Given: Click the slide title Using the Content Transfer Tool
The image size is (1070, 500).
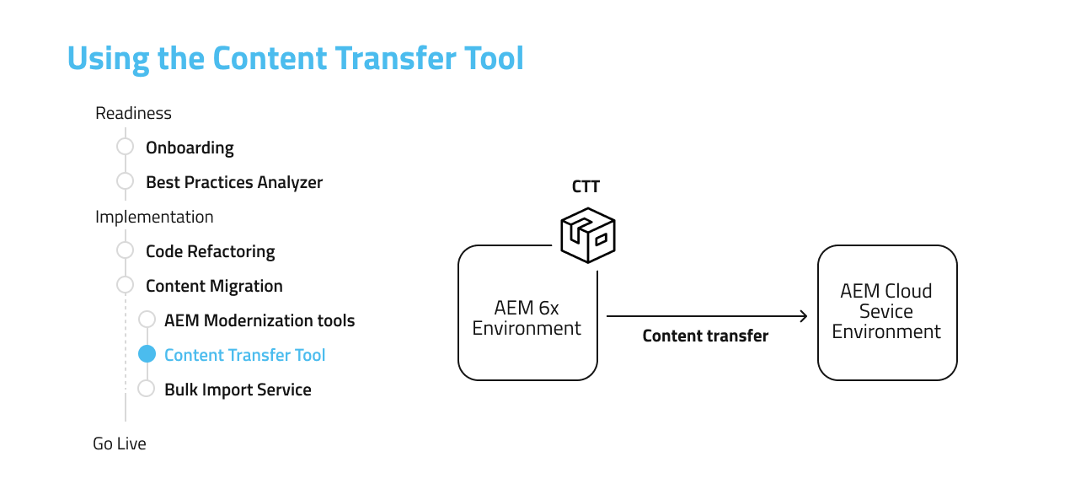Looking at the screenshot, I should pyautogui.click(x=295, y=59).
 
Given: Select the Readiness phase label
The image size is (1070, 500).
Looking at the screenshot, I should pyautogui.click(x=133, y=113).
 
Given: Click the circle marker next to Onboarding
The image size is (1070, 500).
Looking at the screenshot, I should pyautogui.click(x=126, y=147).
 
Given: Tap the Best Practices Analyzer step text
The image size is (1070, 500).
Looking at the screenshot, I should pyautogui.click(x=233, y=182).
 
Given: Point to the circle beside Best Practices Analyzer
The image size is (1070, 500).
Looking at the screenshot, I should pyautogui.click(x=126, y=181).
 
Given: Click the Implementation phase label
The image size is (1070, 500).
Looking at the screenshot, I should pyautogui.click(x=154, y=217).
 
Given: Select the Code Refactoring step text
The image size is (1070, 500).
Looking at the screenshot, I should pyautogui.click(x=210, y=251).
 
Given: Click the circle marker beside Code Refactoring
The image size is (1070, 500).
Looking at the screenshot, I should pyautogui.click(x=126, y=250).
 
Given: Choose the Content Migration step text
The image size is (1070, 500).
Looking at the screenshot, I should pyautogui.click(x=214, y=286).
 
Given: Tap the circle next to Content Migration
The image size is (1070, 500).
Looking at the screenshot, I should pyautogui.click(x=126, y=285).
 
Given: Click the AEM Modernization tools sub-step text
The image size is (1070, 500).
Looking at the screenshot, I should pyautogui.click(x=259, y=320).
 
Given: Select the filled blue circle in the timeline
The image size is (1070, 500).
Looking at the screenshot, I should pyautogui.click(x=147, y=354).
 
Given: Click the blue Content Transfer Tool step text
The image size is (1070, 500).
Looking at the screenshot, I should pyautogui.click(x=244, y=355).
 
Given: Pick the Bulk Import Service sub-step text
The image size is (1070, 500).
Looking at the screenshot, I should pyautogui.click(x=238, y=390).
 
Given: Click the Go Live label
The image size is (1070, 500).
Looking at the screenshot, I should pyautogui.click(x=119, y=444).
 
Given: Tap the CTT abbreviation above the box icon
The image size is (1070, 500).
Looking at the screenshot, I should pyautogui.click(x=586, y=187).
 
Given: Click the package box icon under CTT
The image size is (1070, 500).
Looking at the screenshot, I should pyautogui.click(x=588, y=235).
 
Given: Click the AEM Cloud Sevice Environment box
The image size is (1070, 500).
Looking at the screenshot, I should pyautogui.click(x=886, y=312).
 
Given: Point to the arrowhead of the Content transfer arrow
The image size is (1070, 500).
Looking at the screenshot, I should pyautogui.click(x=803, y=316).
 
